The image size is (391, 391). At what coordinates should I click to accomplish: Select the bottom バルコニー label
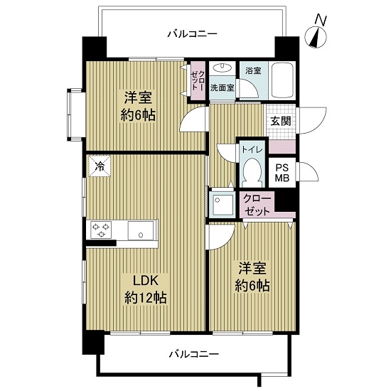pos(193,353)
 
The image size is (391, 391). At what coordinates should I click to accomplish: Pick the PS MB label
pos(283,173)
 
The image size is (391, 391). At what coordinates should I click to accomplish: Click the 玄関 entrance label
pos(280,121)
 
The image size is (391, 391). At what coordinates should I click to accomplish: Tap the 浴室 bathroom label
pos(253,70)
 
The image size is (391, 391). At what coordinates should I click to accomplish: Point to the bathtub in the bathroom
pos(283,81)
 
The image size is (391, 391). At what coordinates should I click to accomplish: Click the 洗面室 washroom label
pos(223,87)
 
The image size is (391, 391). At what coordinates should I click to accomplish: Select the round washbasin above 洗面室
pos(223,68)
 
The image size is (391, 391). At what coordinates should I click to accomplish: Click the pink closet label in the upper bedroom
pos(197,79)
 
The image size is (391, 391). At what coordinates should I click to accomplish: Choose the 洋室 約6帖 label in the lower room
pos(254,277)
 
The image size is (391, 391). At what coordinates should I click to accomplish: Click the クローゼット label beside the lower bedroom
pos(257,204)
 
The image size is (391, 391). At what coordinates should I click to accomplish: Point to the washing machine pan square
pos(222,204)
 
